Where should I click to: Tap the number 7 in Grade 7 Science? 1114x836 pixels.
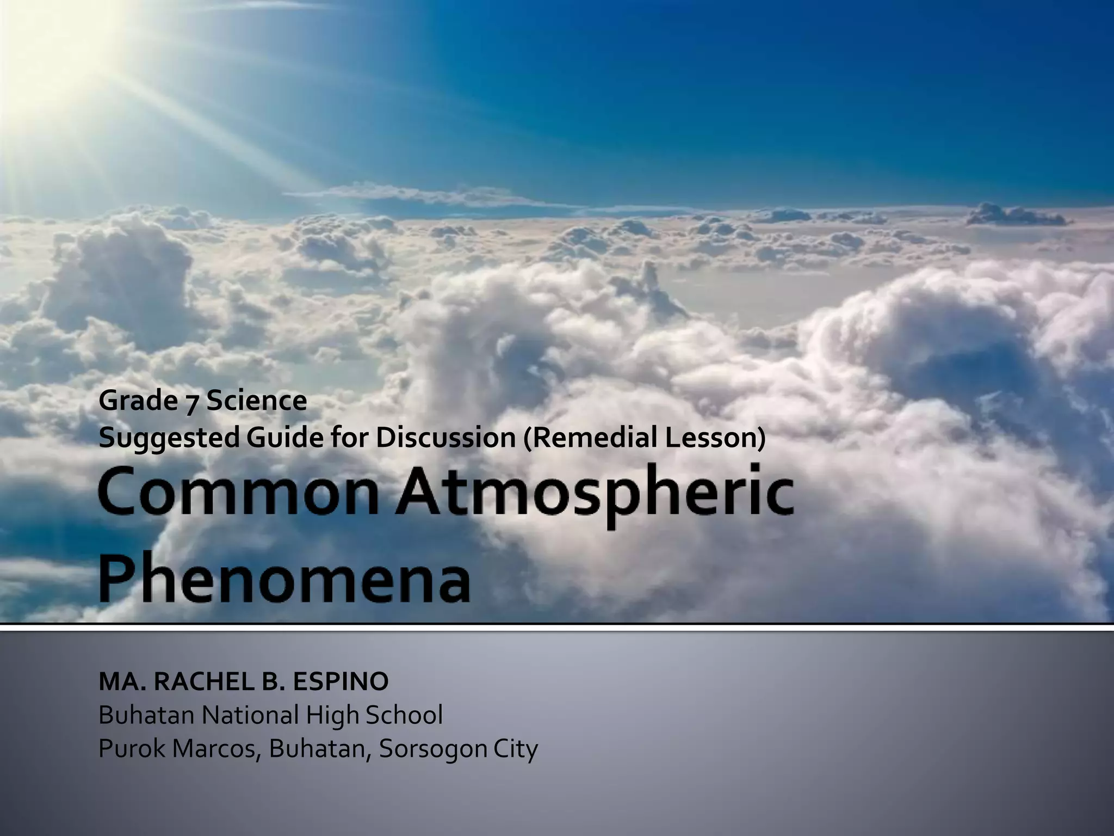pos(189,403)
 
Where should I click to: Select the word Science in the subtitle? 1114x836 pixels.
pos(256,402)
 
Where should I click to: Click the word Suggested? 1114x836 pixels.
pos(169,439)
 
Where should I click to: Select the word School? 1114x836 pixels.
pos(404,715)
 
